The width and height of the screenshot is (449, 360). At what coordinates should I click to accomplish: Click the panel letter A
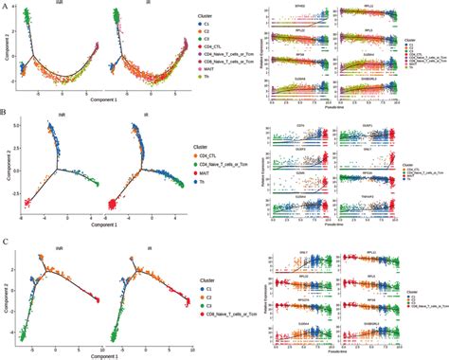[6, 6]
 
